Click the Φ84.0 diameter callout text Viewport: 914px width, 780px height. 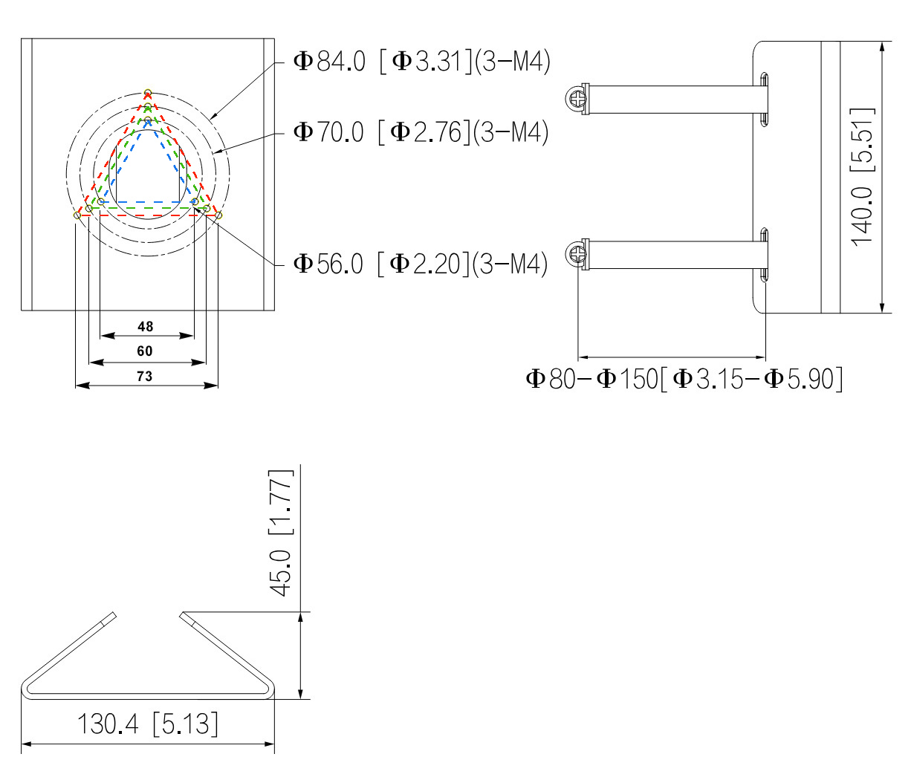click(422, 61)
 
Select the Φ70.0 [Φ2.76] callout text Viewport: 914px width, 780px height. click(421, 132)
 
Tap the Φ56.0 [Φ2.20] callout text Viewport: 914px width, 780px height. click(421, 263)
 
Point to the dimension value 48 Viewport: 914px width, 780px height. click(146, 326)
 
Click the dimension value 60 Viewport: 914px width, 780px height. click(145, 351)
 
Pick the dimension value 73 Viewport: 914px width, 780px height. click(145, 376)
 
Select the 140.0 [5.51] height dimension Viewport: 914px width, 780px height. click(863, 177)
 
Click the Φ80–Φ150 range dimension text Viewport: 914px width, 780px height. click(684, 379)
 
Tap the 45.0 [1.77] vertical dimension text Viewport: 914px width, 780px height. click(282, 532)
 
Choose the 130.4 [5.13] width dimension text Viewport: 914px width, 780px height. click(148, 723)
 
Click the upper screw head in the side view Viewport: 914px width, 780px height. click(577, 99)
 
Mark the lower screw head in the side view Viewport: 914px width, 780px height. click(577, 255)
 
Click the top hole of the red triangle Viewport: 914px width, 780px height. click(148, 93)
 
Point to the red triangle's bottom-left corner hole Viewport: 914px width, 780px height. click(77, 215)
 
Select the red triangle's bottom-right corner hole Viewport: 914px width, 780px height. click(218, 215)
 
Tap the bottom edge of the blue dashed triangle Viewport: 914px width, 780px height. click(147, 201)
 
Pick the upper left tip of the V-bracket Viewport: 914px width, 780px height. click(114, 615)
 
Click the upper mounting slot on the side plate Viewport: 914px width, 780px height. click(765, 98)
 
